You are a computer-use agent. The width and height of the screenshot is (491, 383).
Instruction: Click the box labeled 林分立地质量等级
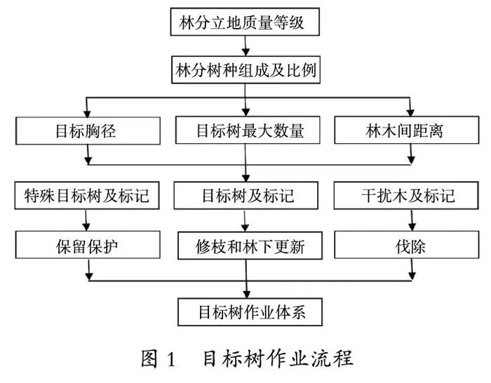pos(245,22)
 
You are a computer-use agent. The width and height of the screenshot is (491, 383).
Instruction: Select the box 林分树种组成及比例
pos(245,70)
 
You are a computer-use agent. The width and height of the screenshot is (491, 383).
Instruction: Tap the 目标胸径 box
pos(88,131)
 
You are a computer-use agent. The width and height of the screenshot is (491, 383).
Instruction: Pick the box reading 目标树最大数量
pos(248,130)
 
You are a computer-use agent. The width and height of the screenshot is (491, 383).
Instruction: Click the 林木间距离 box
pos(406,130)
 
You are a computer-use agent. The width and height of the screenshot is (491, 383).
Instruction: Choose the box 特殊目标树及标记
pos(87,196)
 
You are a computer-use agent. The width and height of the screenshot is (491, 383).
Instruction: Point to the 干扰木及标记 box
pos(406,196)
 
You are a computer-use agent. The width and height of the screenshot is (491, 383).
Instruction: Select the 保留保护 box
pos(88,245)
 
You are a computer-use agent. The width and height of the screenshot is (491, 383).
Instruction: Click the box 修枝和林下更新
pos(250,246)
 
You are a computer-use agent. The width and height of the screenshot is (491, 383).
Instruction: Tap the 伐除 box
pos(406,245)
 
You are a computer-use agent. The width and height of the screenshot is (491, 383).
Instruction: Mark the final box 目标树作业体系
pos(250,312)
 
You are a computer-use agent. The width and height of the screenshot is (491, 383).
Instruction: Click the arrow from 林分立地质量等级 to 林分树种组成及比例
pos(245,46)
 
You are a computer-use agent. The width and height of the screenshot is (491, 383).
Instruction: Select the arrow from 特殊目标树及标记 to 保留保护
pos(86,220)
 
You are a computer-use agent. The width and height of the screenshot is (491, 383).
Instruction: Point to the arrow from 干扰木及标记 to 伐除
pos(412,220)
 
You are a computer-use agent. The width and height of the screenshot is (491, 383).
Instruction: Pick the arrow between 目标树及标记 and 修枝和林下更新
pos(245,221)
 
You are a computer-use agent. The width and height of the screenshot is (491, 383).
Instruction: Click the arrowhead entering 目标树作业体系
pos(247,295)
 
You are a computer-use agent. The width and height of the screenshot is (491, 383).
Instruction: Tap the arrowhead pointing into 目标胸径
pos(87,114)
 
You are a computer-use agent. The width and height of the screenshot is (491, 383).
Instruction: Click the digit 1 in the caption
pos(171,359)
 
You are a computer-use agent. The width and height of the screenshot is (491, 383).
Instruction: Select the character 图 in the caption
pos(149,358)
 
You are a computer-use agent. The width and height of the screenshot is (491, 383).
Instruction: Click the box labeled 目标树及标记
pos(246,196)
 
